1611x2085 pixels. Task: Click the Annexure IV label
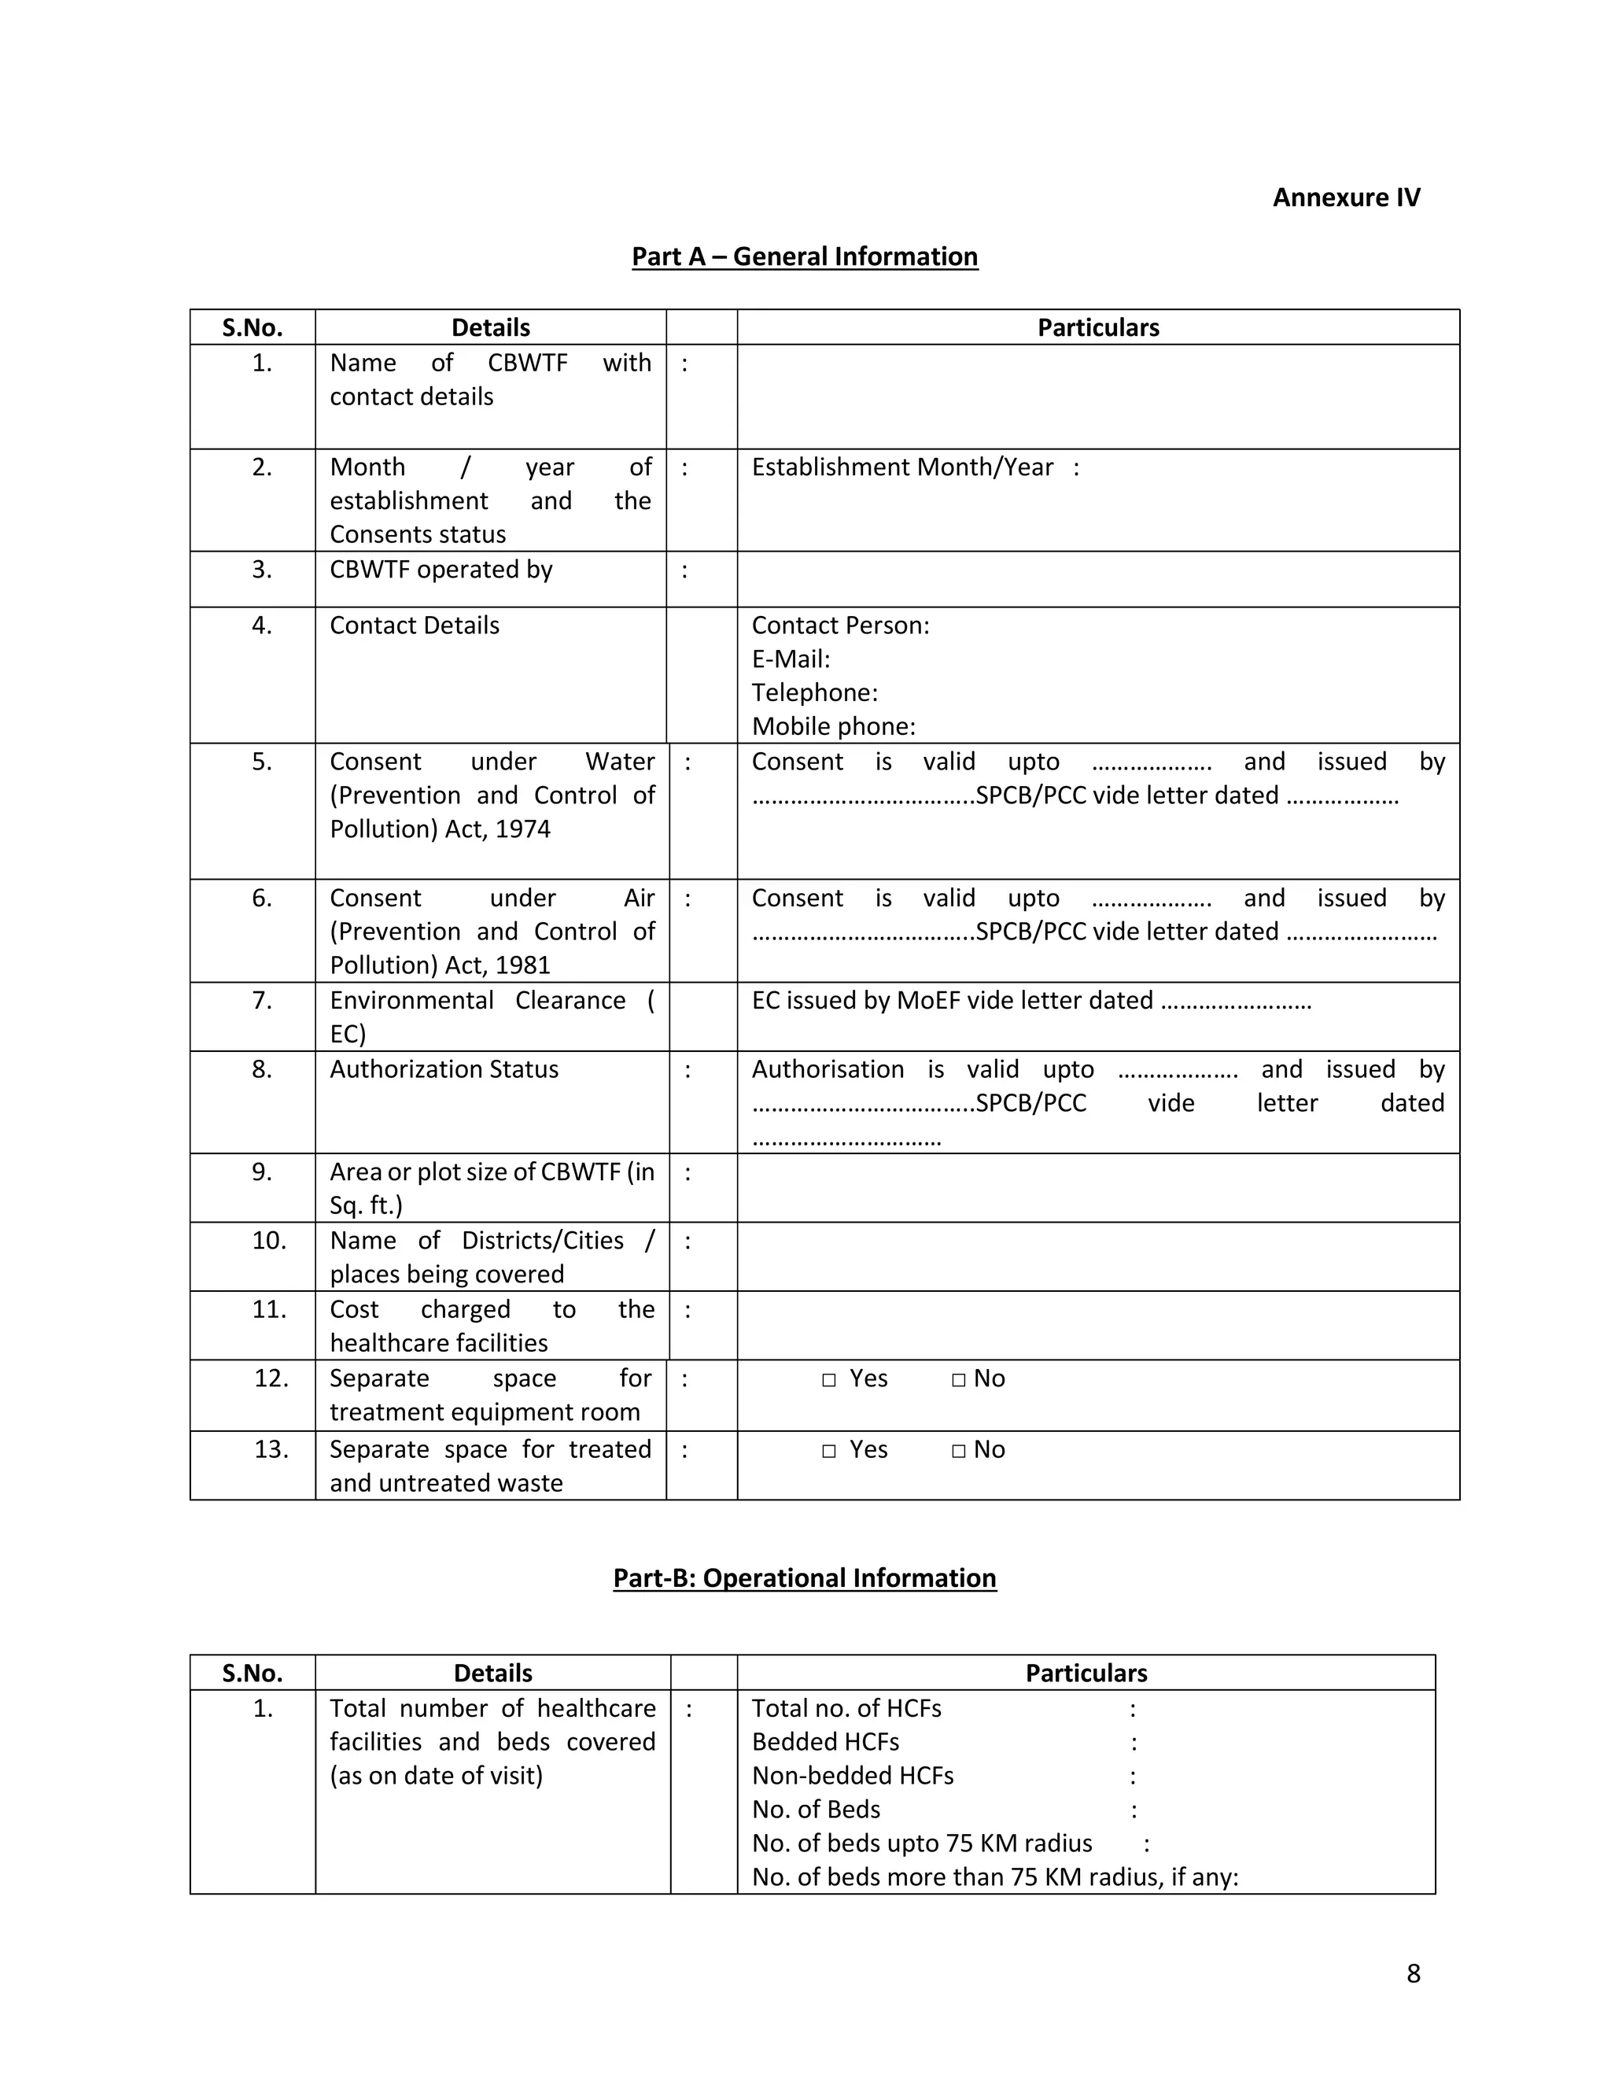(1346, 197)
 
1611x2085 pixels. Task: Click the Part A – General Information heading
(805, 256)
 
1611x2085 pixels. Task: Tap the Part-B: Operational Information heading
(805, 1578)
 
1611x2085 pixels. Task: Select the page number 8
(1413, 1973)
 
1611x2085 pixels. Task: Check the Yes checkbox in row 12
(828, 1381)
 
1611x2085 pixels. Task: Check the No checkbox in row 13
(958, 1451)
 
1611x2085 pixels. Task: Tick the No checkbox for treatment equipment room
(958, 1381)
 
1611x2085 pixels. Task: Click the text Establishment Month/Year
(902, 468)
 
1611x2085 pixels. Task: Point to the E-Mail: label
(791, 659)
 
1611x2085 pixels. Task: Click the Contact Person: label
(840, 626)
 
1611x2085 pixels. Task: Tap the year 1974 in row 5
(523, 829)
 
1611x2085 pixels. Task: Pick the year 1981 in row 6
(523, 965)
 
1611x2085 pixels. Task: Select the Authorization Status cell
(444, 1070)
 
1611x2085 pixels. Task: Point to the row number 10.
(268, 1241)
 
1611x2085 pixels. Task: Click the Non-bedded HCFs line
(852, 1776)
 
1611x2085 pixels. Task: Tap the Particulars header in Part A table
(1097, 327)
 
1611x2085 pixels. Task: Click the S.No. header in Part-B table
(252, 1674)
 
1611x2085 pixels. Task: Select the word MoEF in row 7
(927, 1002)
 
